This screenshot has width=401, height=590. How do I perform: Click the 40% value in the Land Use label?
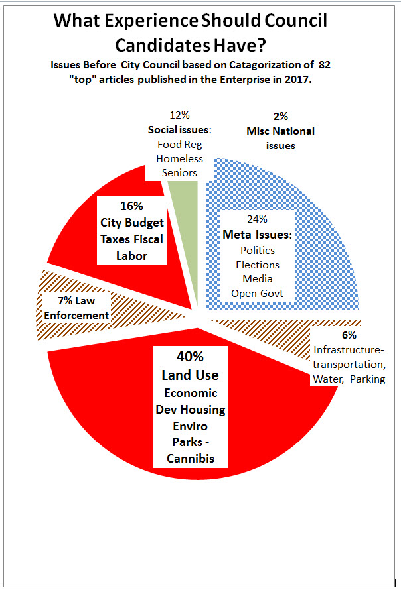190,357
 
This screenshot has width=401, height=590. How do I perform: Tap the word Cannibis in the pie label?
190,457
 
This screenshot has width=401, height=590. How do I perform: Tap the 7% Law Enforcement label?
74,308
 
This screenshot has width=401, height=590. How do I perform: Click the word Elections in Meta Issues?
258,265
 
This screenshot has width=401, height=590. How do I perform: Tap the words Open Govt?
258,293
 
